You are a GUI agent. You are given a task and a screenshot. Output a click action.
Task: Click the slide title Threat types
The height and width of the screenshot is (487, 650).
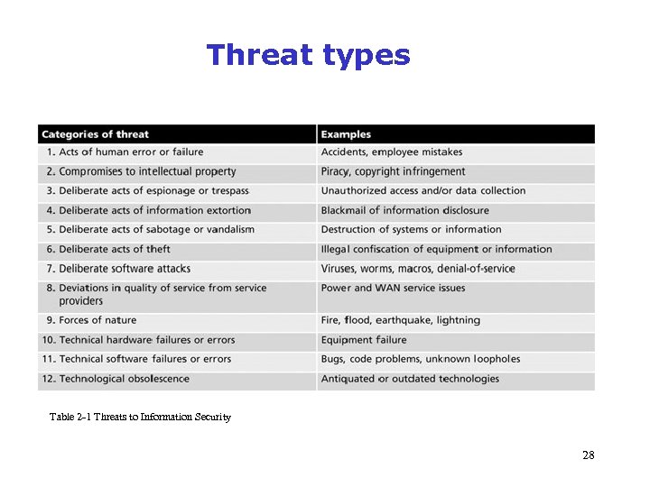tap(308, 56)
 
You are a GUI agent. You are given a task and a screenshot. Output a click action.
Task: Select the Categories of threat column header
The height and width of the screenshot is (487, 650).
tap(95, 134)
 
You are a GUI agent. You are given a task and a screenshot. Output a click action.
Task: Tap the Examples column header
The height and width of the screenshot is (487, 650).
tap(346, 134)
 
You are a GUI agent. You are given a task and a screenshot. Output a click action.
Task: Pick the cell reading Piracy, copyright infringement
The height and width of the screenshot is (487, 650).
tap(393, 171)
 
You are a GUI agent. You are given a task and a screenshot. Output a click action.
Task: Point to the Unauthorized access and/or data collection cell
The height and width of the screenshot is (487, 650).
tap(422, 191)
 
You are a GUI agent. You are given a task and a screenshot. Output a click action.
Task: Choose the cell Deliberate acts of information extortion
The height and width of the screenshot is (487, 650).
tap(154, 210)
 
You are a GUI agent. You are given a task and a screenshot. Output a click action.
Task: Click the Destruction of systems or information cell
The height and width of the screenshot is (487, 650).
tap(411, 230)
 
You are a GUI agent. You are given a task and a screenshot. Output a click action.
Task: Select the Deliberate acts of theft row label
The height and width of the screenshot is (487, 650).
tap(115, 249)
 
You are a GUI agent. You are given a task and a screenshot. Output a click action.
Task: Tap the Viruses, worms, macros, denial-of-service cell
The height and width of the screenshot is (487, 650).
tap(418, 269)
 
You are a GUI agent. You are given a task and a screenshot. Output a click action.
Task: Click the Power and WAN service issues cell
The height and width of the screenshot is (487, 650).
tap(393, 289)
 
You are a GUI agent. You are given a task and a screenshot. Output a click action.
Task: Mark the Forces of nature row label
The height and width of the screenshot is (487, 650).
tap(97, 320)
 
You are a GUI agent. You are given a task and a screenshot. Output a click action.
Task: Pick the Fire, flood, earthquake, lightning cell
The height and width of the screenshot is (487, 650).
tap(400, 320)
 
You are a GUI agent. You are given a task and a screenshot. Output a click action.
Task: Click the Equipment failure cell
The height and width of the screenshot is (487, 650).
tap(364, 340)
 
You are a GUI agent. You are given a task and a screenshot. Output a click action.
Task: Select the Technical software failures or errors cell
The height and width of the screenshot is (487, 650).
tap(144, 359)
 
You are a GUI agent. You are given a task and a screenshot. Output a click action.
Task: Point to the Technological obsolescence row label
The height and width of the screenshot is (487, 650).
tap(124, 379)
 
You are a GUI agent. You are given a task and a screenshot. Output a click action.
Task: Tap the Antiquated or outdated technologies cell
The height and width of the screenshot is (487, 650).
tap(410, 379)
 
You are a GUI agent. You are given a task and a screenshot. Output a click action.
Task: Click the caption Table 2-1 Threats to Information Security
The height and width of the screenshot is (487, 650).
tap(140, 417)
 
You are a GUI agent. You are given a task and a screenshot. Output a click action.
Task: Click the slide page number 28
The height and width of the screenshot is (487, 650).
tap(588, 455)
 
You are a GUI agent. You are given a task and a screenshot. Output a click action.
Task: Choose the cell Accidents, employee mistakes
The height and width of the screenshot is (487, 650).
tap(392, 152)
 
